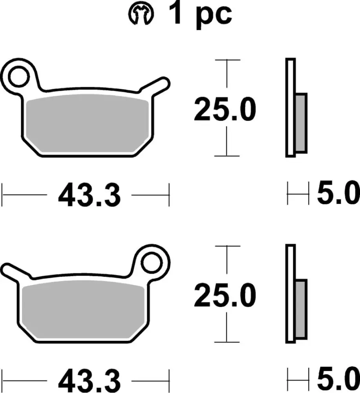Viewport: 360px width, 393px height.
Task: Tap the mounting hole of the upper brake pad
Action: [x=18, y=76]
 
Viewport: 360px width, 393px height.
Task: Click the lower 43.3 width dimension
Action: [x=89, y=380]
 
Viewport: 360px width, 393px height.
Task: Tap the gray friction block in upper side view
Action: [x=301, y=123]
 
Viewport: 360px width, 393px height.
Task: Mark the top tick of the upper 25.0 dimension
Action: [x=227, y=60]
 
